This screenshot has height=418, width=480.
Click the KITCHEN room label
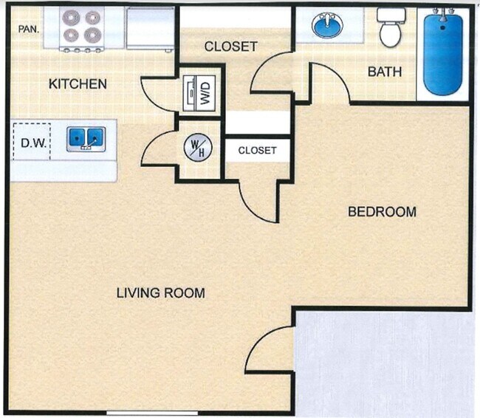[x=78, y=83]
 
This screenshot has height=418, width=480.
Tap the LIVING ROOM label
[x=160, y=293]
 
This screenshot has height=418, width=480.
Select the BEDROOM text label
[x=382, y=212]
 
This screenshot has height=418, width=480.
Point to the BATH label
[x=385, y=72]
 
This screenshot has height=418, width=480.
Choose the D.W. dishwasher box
[x=31, y=140]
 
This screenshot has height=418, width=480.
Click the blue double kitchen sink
[x=86, y=138]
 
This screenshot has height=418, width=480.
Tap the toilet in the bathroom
[x=388, y=28]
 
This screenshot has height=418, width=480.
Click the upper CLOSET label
[x=230, y=47]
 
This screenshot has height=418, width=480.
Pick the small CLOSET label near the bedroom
[x=257, y=151]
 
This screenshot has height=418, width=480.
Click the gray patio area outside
[x=384, y=362]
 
